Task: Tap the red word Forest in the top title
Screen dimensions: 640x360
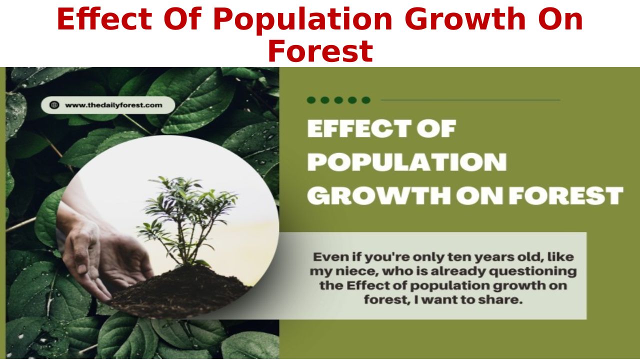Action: pyautogui.click(x=320, y=51)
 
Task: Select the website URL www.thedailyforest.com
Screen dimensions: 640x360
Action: pyautogui.click(x=113, y=105)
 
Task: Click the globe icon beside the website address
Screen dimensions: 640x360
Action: pyautogui.click(x=54, y=105)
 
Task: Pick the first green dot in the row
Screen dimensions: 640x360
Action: pyautogui.click(x=311, y=100)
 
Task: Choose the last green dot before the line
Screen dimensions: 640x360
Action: pyautogui.click(x=366, y=100)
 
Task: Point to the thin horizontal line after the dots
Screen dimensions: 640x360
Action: pyautogui.click(x=470, y=100)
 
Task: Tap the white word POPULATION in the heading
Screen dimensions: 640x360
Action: pyautogui.click(x=407, y=162)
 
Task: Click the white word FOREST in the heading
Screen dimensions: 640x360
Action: pyautogui.click(x=566, y=195)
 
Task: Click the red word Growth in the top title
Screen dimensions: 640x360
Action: pyautogui.click(x=465, y=18)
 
